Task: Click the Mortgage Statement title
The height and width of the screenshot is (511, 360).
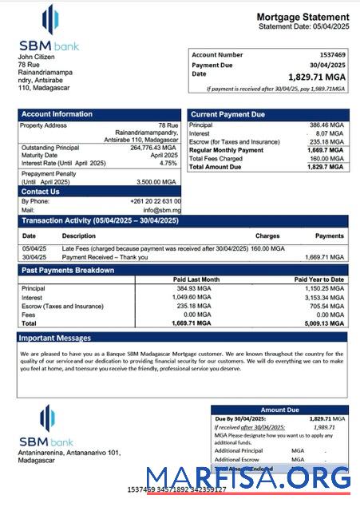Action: tap(303, 17)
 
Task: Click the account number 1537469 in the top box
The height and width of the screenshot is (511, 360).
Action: tap(329, 54)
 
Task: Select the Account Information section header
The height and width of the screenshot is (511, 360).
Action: tap(57, 114)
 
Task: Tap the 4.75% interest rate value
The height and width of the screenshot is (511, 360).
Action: tap(168, 164)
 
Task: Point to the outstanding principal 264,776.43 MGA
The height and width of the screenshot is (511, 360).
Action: tap(152, 148)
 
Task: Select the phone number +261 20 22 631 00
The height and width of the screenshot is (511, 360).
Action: tap(155, 201)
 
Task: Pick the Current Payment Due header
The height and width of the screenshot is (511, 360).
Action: tap(227, 114)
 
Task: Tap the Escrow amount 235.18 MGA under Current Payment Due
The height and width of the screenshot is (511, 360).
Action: tap(326, 142)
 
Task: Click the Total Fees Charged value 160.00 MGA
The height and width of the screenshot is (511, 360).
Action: tap(326, 158)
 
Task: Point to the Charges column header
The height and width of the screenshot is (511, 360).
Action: tap(267, 236)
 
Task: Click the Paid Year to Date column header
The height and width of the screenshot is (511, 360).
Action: tap(319, 279)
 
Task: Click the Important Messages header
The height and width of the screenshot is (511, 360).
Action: tap(56, 338)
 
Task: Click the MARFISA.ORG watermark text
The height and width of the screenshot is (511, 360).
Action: tap(248, 479)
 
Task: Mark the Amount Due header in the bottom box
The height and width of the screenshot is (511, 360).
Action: tap(279, 410)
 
